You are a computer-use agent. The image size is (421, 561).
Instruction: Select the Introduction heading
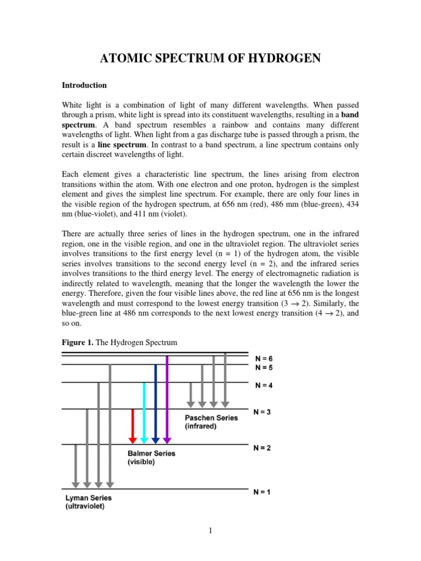click(x=84, y=85)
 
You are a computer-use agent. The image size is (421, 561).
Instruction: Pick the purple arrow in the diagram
click(x=167, y=399)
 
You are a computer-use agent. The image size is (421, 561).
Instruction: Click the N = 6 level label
click(x=264, y=359)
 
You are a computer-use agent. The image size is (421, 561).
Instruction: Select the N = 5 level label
click(x=264, y=368)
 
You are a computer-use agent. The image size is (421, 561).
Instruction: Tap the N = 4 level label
click(x=264, y=385)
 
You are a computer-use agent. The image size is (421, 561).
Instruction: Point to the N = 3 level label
click(x=262, y=412)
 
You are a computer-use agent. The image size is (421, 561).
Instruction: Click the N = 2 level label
click(x=262, y=448)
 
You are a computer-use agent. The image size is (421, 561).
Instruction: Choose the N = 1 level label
click(x=262, y=492)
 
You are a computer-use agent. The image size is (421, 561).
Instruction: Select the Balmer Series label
click(x=151, y=454)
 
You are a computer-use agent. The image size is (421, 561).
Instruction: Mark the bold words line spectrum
click(x=122, y=144)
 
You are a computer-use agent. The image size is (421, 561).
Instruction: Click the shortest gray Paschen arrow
click(x=191, y=395)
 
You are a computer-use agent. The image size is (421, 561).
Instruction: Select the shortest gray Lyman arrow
click(x=76, y=466)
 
